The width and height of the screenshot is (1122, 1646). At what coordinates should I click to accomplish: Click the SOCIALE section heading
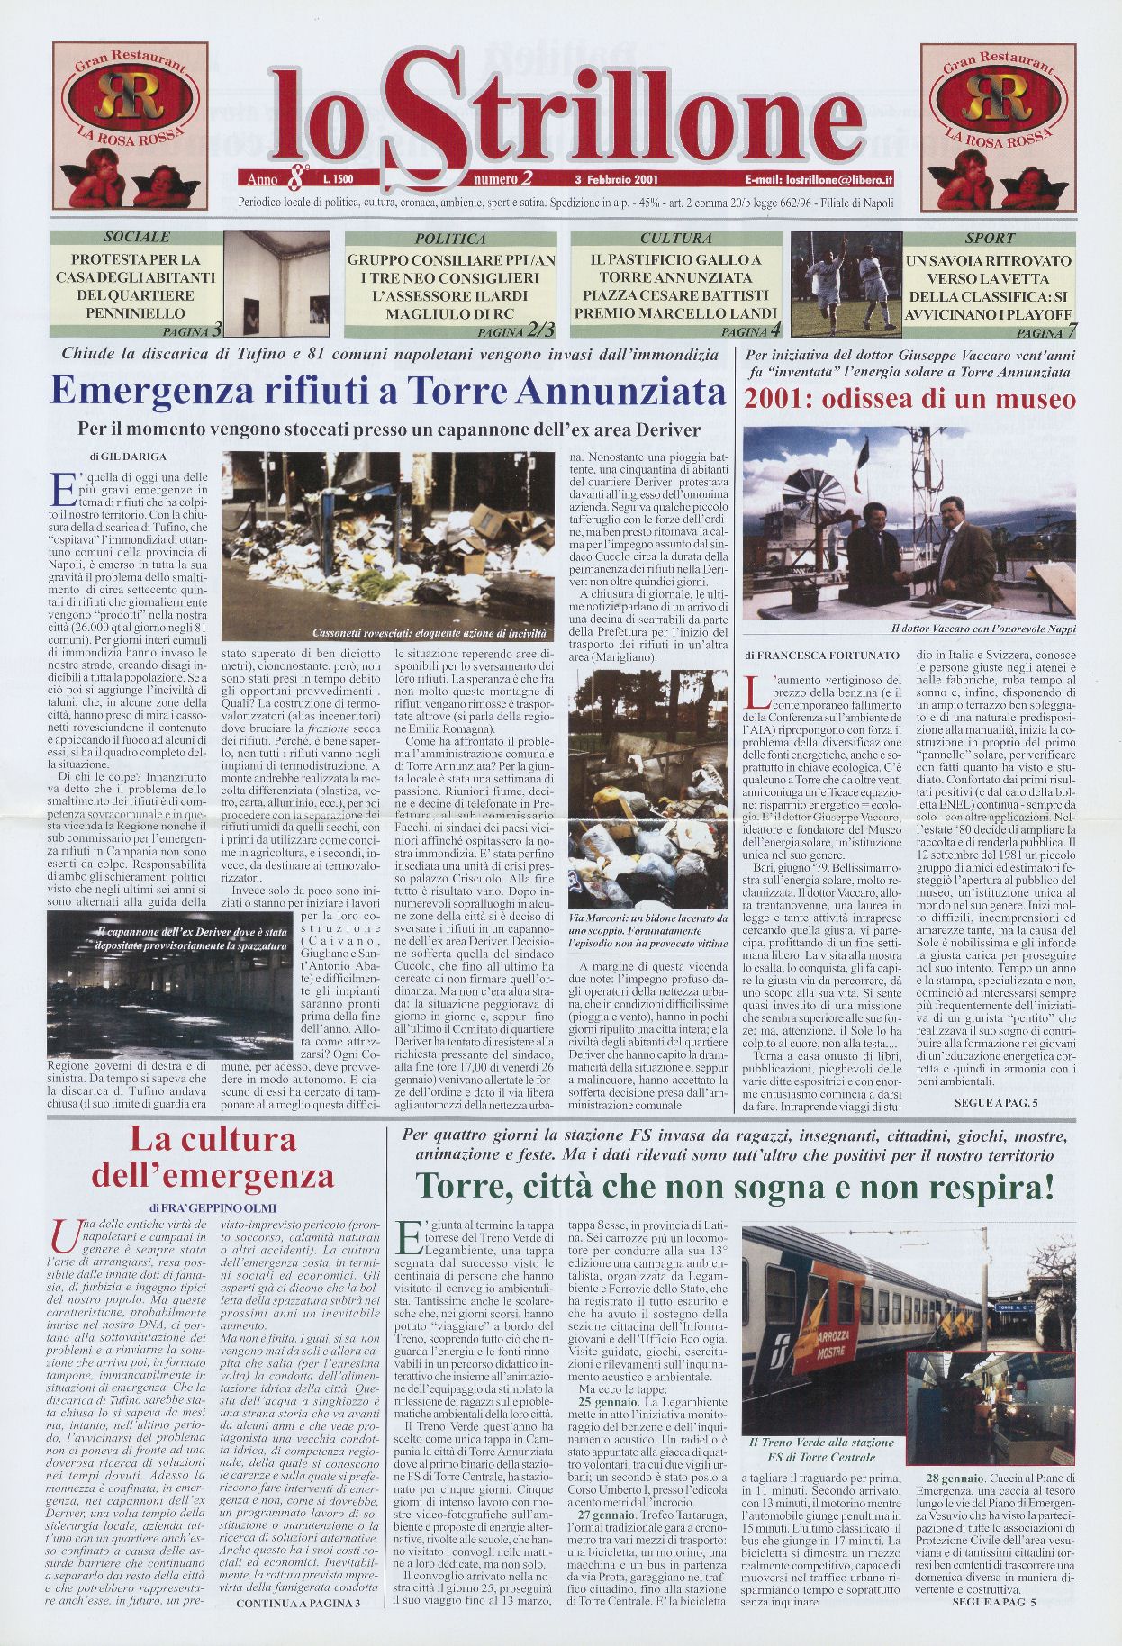coord(137,238)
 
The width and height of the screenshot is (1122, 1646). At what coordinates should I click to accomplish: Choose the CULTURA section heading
coord(676,239)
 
